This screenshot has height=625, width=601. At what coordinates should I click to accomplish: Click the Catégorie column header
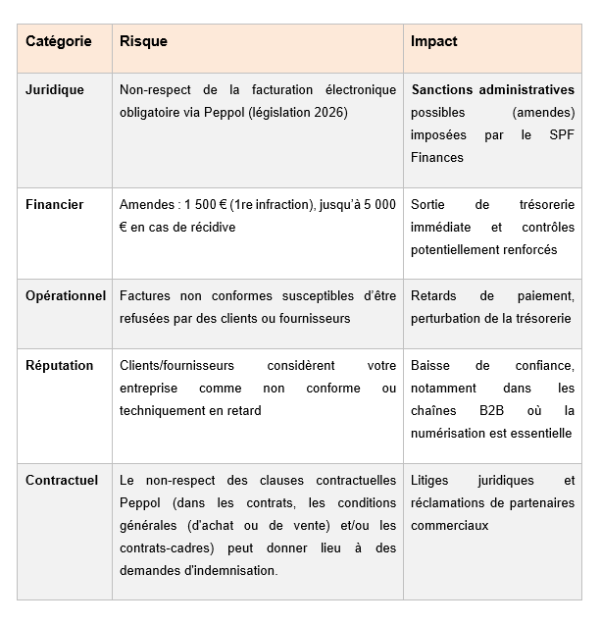tap(59, 41)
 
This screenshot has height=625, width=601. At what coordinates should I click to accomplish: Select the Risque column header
tap(143, 41)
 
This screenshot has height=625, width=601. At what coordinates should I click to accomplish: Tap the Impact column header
tap(434, 41)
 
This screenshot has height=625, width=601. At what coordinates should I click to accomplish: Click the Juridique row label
tap(55, 89)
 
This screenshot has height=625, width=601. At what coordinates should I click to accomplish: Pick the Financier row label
tap(55, 204)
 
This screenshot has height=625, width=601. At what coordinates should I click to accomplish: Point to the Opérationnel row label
tap(66, 295)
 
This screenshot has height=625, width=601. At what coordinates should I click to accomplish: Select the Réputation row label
tap(60, 365)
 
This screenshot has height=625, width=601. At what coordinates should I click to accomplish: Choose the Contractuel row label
tap(62, 480)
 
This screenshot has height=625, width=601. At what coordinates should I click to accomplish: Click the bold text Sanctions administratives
tap(493, 89)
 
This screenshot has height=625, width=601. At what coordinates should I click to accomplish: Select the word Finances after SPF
tap(437, 157)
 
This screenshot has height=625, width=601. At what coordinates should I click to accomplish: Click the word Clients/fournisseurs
tap(177, 365)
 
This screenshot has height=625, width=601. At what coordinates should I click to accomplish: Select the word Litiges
tap(433, 480)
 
